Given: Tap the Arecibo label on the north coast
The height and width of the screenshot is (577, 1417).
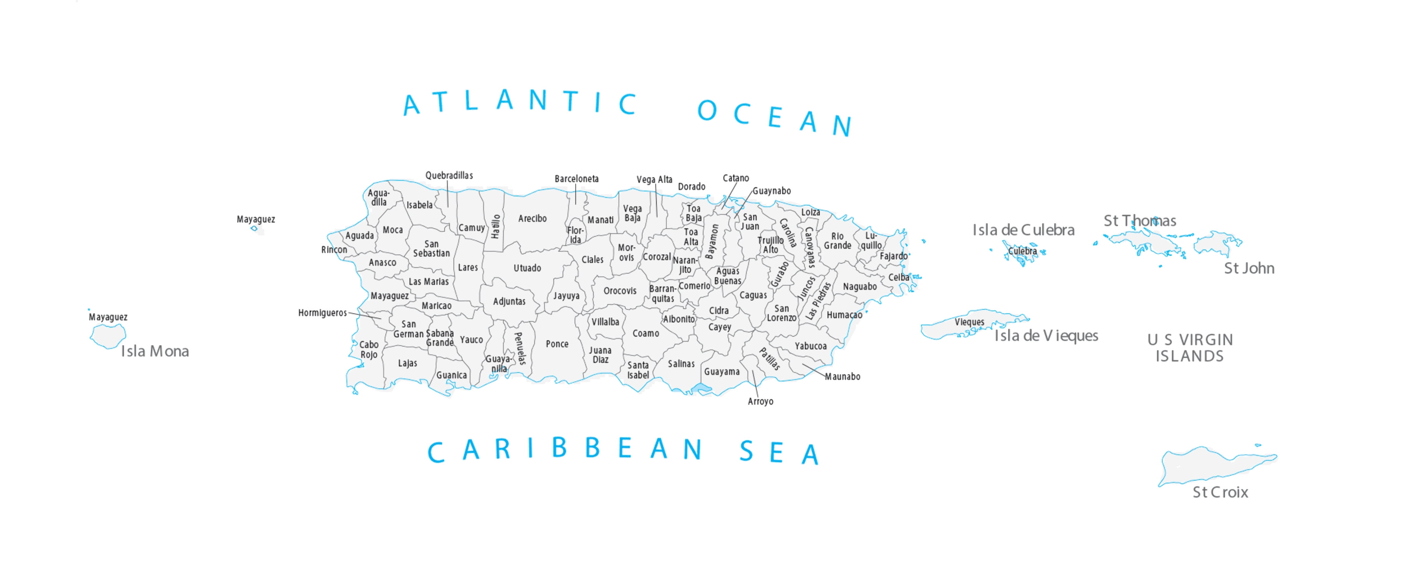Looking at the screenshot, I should point(532,218).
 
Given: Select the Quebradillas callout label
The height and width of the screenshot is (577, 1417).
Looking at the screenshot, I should point(449,176).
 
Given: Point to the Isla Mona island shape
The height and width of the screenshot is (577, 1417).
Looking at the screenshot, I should point(108,335).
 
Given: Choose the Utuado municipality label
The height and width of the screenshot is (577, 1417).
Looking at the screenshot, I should point(527,268).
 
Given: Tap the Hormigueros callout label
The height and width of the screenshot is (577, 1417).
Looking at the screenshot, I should point(323,313).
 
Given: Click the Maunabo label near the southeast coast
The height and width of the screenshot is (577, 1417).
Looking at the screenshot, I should point(842,377).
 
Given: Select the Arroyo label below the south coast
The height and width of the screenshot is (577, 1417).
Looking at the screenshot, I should point(760,401).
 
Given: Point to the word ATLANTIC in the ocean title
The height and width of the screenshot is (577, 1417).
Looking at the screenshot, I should point(520,102).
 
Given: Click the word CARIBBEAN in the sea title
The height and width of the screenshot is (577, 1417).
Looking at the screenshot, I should point(565,450).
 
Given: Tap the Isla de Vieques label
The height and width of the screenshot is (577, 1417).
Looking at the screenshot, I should point(1046,335).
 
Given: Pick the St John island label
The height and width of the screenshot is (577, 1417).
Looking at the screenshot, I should point(1249,268).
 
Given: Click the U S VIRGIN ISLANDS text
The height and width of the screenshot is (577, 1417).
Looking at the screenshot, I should point(1189,348).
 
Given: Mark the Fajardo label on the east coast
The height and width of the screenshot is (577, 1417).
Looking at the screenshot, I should point(893,256).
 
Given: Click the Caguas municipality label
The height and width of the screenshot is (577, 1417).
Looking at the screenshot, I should point(752,295).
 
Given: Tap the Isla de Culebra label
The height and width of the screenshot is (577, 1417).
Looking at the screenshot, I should point(1023,230).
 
